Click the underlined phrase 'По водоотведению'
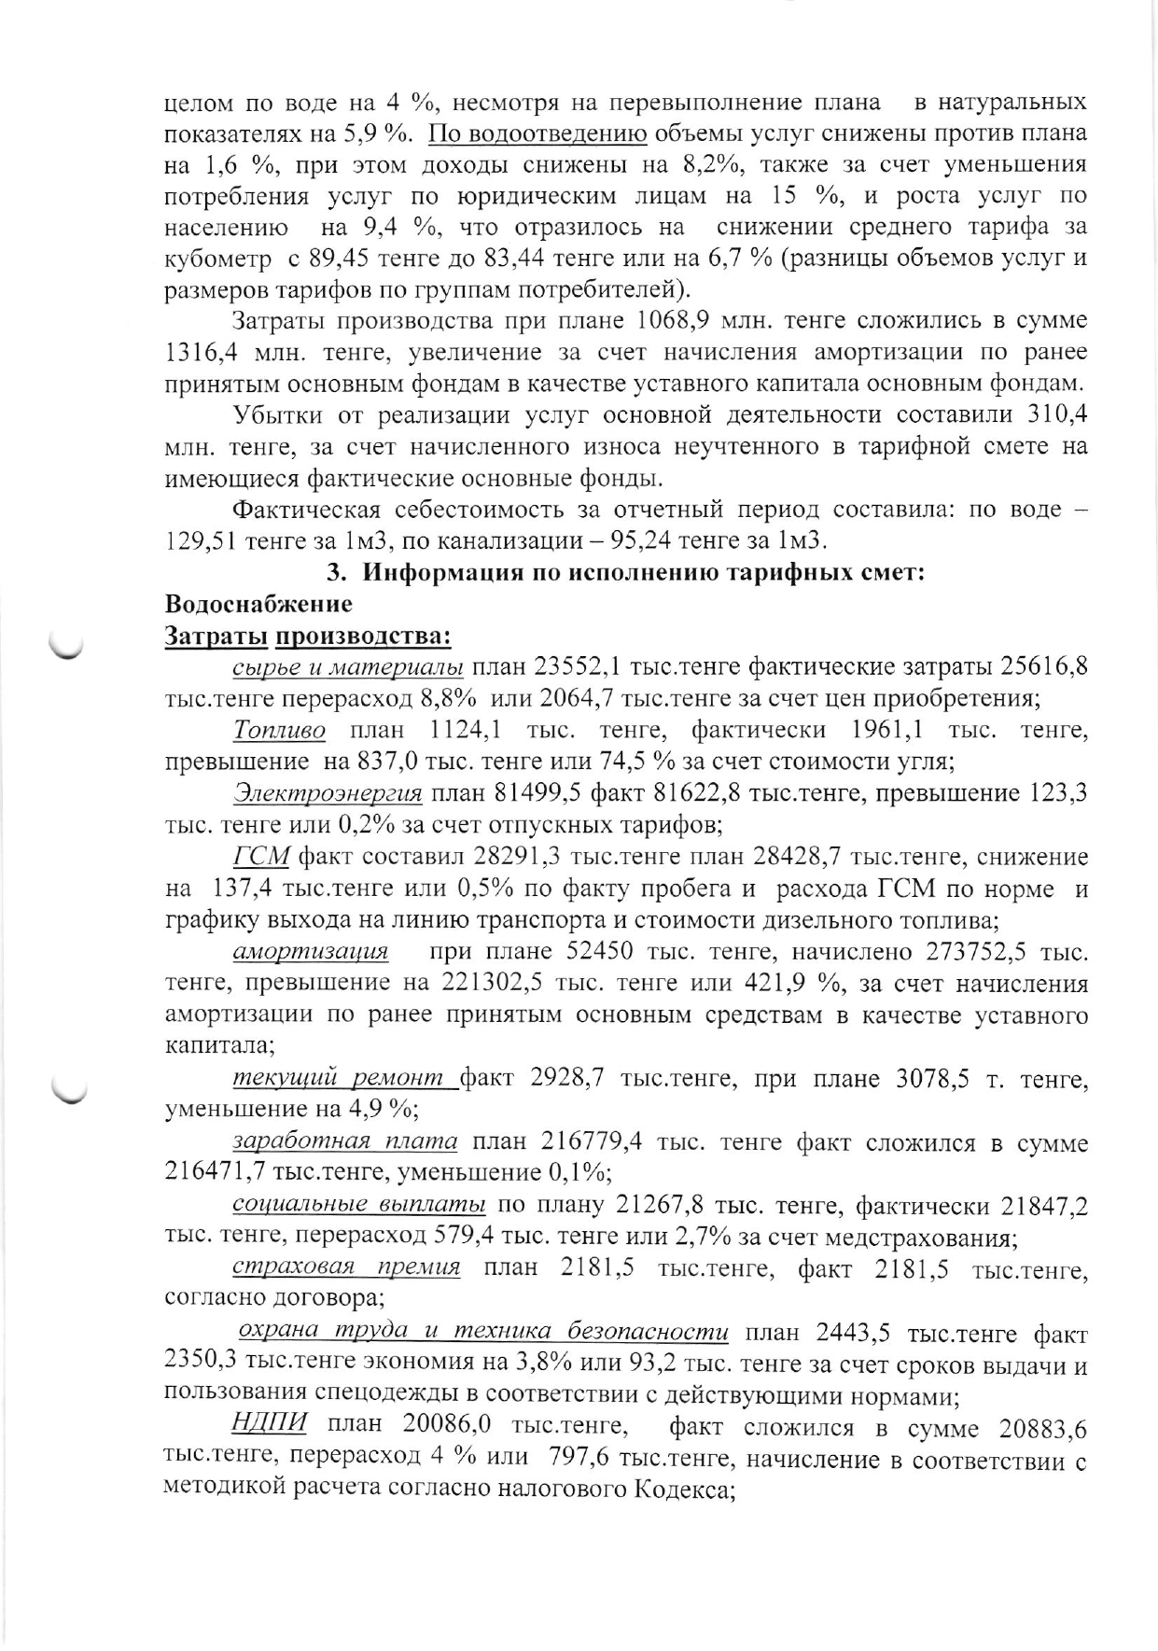pyautogui.click(x=537, y=133)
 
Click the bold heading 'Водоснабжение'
pyautogui.click(x=258, y=604)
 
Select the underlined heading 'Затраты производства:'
pyautogui.click(x=308, y=637)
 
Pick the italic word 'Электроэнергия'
pyautogui.click(x=328, y=793)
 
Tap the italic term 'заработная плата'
pyautogui.click(x=344, y=1141)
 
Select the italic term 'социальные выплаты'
pyautogui.click(x=358, y=1205)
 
